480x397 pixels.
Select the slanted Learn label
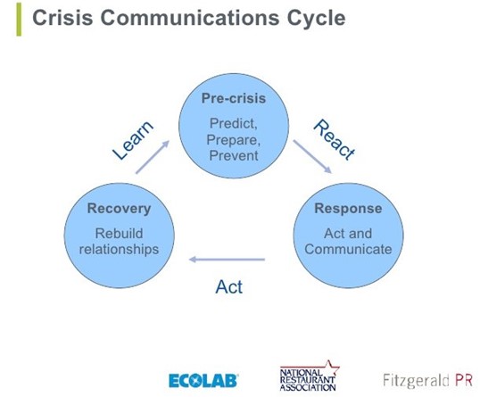[133, 141]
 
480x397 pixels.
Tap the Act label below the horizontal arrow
[229, 286]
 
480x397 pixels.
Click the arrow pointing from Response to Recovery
[228, 260]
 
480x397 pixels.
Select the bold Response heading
[347, 209]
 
